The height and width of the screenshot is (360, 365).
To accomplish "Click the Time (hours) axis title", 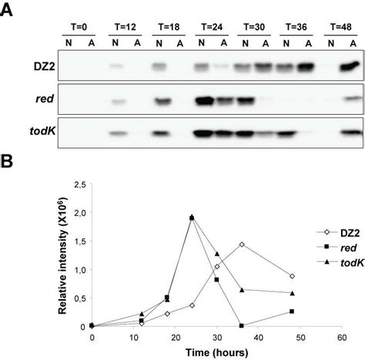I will pos(219,353).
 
